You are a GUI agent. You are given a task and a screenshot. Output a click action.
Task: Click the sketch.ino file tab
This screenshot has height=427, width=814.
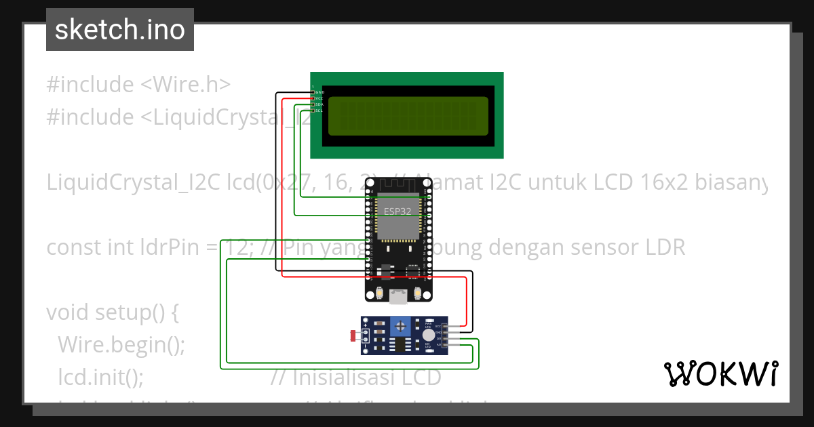(119, 30)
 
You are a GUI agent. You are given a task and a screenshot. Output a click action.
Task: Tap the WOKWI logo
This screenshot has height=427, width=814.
(720, 373)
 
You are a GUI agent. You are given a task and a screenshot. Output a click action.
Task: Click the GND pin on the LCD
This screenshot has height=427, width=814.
(313, 92)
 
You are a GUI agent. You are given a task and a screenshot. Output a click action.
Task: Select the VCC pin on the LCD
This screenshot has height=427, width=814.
(313, 98)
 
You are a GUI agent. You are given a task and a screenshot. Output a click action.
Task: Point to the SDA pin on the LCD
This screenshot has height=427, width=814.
(313, 104)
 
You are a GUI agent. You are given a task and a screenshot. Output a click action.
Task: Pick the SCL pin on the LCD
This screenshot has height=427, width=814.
(313, 110)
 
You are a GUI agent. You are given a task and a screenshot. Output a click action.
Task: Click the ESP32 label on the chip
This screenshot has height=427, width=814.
(397, 211)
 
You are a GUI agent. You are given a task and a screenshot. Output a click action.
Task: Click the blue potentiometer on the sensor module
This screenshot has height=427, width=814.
(401, 327)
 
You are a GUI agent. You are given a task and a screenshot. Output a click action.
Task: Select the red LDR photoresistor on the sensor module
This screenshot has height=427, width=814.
(353, 335)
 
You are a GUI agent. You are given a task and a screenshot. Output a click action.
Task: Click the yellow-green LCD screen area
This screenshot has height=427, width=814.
(408, 116)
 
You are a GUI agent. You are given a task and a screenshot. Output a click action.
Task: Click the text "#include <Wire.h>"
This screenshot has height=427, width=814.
(138, 85)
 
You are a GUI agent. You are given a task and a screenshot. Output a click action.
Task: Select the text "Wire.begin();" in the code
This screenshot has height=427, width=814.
(121, 344)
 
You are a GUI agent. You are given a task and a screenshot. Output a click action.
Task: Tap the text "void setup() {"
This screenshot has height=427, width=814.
(112, 312)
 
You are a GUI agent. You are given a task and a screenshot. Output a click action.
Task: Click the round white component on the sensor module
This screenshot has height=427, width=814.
(428, 335)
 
